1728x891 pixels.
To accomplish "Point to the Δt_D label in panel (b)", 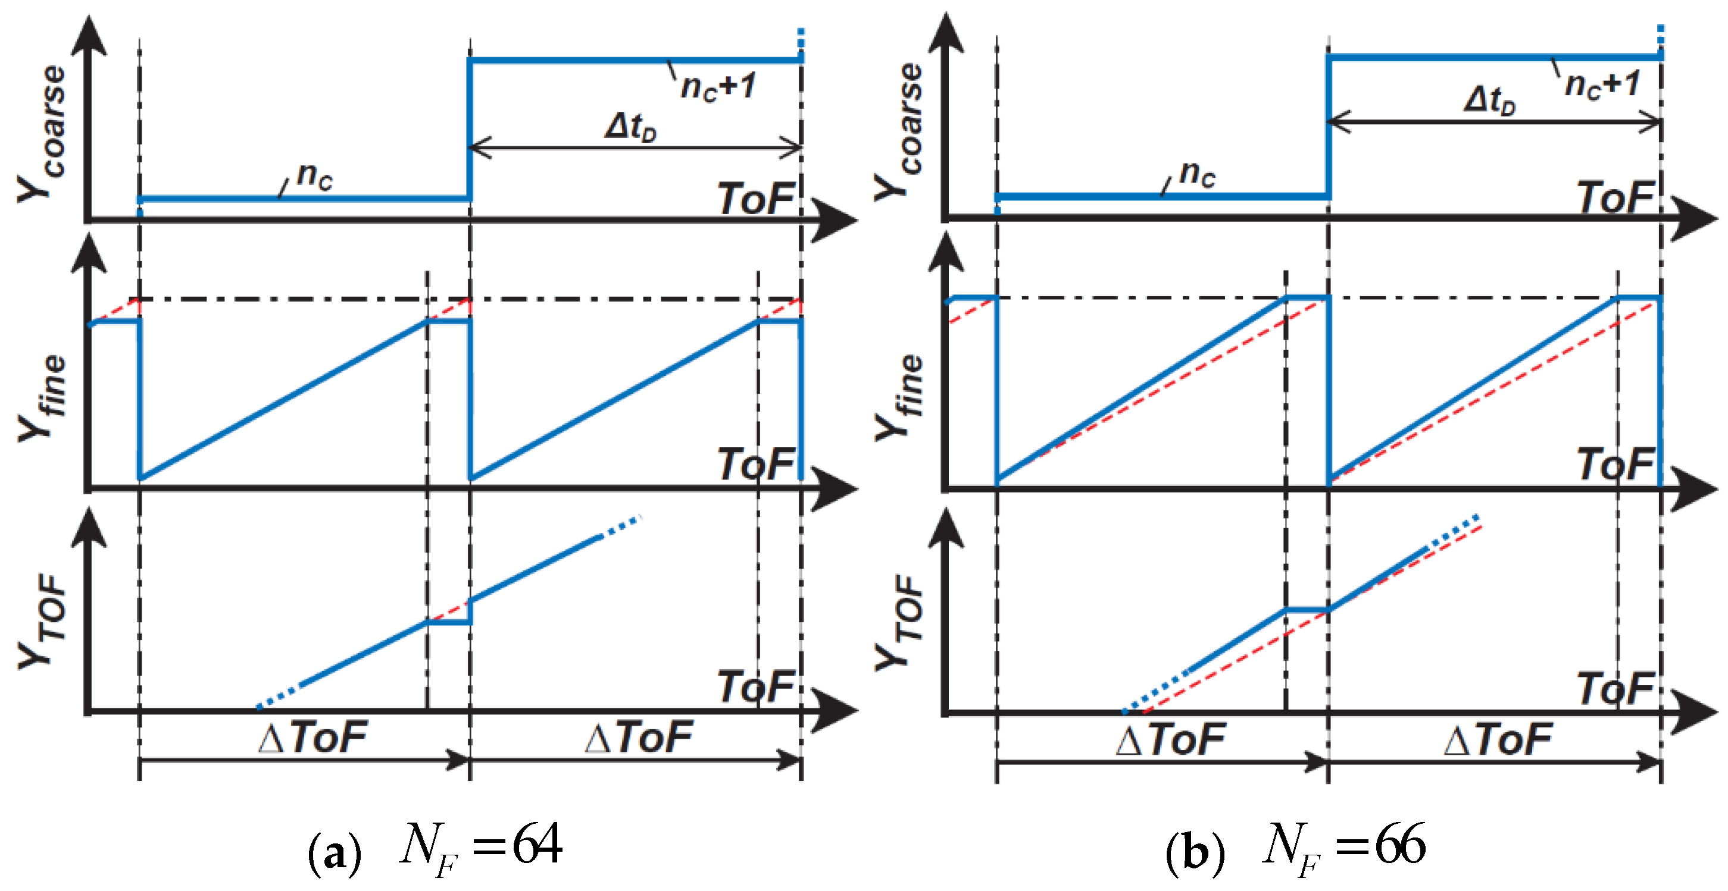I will pyautogui.click(x=1489, y=101).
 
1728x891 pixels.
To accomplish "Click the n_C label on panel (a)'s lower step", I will pyautogui.click(x=314, y=175).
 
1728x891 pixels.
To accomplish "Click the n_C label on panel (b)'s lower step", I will pyautogui.click(x=1196, y=174).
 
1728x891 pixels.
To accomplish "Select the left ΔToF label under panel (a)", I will pyautogui.click(x=313, y=737).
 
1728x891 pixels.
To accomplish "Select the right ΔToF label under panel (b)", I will pyautogui.click(x=1497, y=739).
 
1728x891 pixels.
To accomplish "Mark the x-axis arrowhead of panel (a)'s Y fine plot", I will pyautogui.click(x=835, y=489).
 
